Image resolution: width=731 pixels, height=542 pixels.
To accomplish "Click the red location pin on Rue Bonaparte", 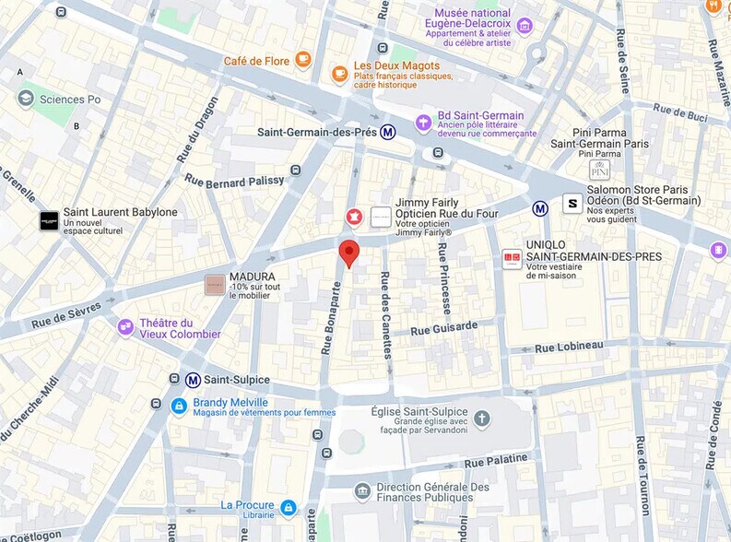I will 348,252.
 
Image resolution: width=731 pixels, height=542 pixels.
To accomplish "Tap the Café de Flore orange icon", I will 303,61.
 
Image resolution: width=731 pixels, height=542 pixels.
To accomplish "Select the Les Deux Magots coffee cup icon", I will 340,73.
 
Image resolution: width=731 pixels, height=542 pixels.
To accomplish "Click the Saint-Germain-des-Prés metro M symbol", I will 389,132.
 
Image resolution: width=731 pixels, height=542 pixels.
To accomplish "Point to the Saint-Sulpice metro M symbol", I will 193,380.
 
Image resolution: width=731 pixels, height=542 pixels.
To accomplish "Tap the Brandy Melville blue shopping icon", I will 179,406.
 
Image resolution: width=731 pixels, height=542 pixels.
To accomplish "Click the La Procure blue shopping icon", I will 289,507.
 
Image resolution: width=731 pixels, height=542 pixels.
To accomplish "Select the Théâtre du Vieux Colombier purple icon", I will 125,327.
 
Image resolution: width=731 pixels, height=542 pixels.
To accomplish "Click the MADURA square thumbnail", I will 214,285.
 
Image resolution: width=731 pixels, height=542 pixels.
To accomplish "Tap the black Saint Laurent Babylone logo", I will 49,221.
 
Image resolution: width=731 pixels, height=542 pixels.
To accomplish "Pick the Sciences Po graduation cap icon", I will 26,99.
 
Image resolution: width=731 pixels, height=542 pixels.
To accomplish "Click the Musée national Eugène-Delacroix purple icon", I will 525,26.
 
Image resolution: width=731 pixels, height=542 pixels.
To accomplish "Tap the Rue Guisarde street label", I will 444,328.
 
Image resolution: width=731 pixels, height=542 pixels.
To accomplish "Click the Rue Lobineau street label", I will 570,346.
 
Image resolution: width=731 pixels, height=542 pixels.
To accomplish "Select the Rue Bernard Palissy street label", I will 235,181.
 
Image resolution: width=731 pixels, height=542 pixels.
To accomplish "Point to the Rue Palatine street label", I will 496,460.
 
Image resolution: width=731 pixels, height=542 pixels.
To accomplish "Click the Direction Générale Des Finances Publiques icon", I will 362,491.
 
